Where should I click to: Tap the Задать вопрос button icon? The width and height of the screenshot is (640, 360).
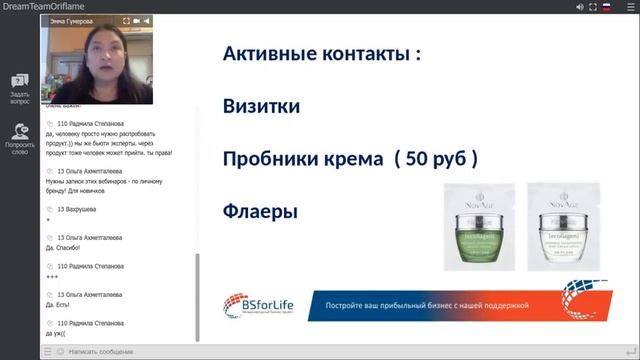pyautogui.click(x=19, y=81)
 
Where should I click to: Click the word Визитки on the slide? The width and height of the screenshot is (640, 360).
pyautogui.click(x=261, y=106)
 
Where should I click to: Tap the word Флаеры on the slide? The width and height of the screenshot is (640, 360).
pyautogui.click(x=260, y=212)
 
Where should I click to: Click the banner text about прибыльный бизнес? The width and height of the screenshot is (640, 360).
pyautogui.click(x=431, y=300)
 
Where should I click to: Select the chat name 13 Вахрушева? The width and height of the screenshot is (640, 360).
pyautogui.click(x=79, y=209)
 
